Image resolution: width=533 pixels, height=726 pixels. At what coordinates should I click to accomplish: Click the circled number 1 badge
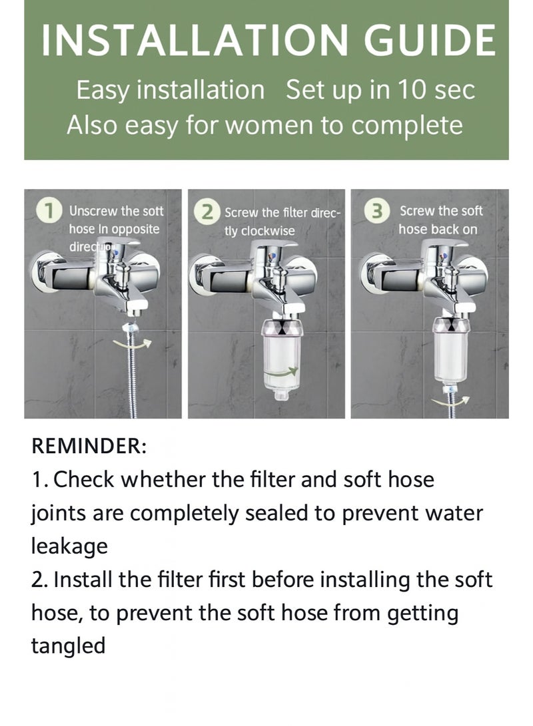[49, 212]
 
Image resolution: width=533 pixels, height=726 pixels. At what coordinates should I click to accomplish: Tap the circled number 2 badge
[208, 212]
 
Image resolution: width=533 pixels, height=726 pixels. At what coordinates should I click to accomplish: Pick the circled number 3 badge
[378, 212]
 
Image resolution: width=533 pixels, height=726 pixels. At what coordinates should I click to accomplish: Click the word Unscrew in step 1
[93, 212]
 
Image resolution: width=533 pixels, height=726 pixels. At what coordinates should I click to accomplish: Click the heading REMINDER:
[88, 447]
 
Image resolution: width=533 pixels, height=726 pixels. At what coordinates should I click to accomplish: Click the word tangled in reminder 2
[68, 645]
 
